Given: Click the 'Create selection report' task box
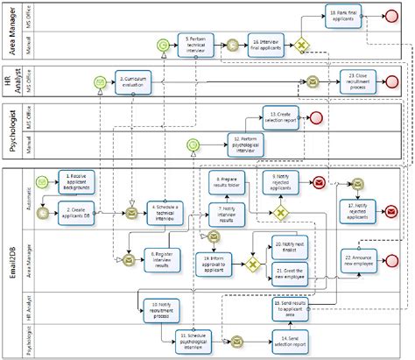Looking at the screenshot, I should click(x=281, y=116).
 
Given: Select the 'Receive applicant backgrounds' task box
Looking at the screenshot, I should click(x=77, y=181).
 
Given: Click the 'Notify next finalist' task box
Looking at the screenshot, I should click(x=288, y=247).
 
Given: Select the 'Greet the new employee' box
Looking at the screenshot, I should click(x=288, y=273).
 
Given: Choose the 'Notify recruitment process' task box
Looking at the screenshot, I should click(x=158, y=307).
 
